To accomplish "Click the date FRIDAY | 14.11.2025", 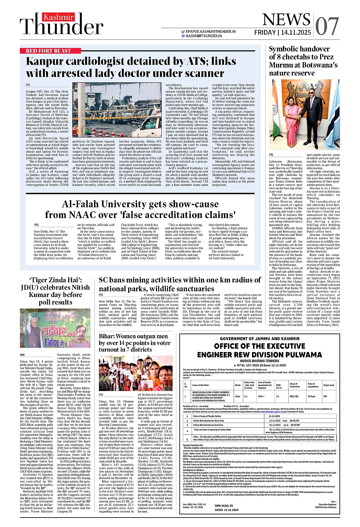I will pos(283,33).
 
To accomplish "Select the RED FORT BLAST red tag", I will pos(48,51).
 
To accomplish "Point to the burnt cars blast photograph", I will pos(117,109).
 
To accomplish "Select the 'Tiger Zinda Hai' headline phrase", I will pos(55,280).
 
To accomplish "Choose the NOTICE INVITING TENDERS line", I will pos(260,361).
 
